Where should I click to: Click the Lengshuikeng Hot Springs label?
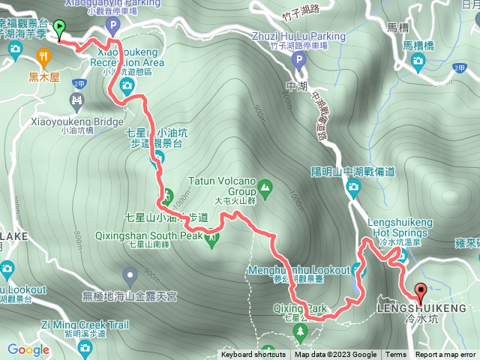(x=398, y=228)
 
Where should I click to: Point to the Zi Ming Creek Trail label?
(x=85, y=325)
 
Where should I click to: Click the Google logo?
(x=28, y=349)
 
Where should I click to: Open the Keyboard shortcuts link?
(x=253, y=355)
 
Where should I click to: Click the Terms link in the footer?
(x=396, y=355)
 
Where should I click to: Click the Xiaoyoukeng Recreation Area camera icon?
(x=127, y=85)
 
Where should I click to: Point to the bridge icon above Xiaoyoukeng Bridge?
(x=76, y=100)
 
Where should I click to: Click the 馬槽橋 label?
(x=418, y=45)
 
